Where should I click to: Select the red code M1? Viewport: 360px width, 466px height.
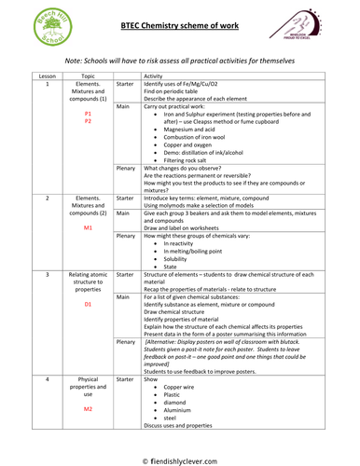[89, 227]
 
